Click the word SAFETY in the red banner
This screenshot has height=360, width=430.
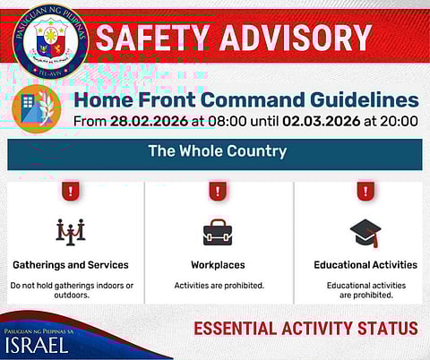[x=153, y=38]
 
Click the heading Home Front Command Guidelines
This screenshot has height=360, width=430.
[x=245, y=99]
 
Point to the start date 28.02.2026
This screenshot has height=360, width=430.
[x=145, y=120]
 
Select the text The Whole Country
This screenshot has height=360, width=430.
[x=217, y=151]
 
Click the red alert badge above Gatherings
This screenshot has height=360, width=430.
[x=71, y=191]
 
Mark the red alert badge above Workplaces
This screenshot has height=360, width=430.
[x=218, y=191]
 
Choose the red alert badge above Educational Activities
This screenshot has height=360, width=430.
[x=365, y=191]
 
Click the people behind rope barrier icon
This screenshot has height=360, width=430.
[x=71, y=232]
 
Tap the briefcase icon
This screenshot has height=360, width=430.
[x=218, y=233]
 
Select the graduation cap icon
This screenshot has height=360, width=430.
[x=365, y=232]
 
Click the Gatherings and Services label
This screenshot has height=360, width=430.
[x=71, y=265]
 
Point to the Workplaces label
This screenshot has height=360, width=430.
[x=218, y=265]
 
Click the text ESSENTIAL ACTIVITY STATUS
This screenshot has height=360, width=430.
[x=305, y=329]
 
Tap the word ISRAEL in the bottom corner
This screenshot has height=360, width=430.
[x=37, y=346]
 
